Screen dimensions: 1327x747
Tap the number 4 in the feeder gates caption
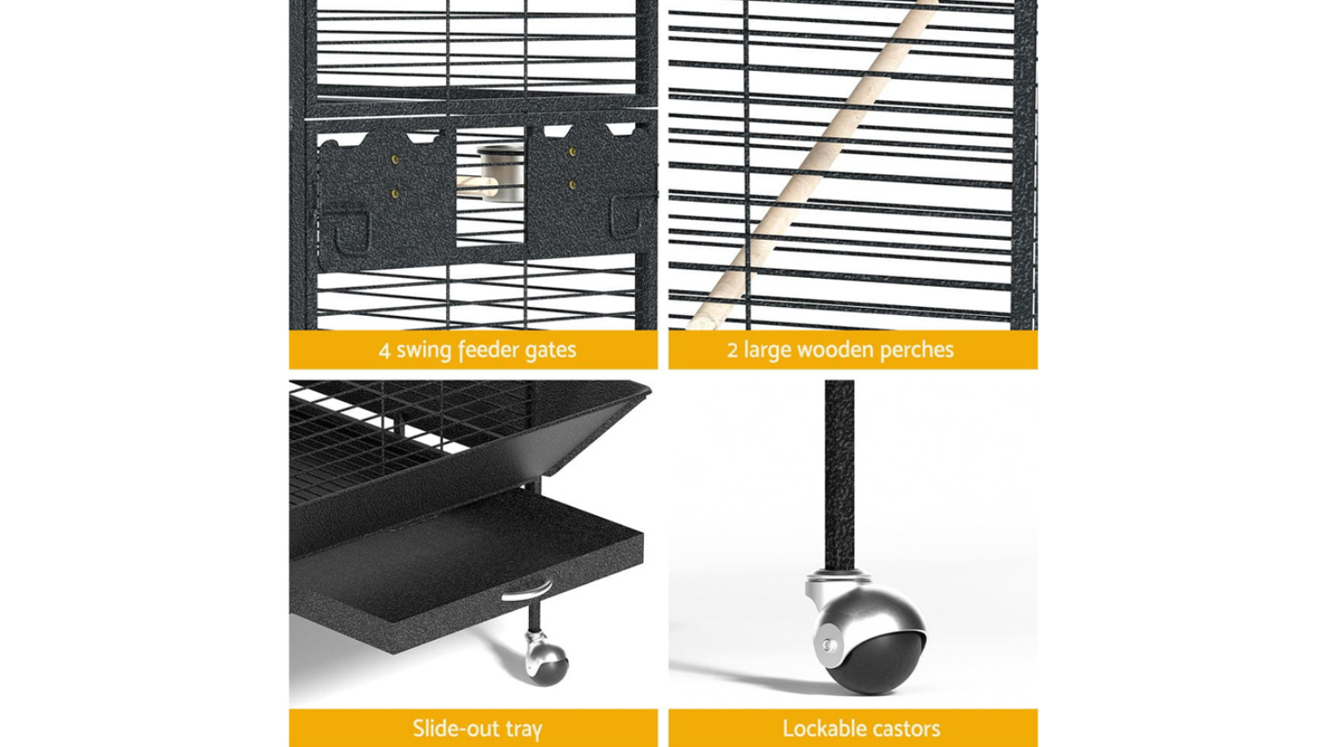tap(385, 350)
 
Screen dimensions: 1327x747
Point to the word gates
tap(550, 350)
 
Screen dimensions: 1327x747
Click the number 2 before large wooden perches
tap(733, 350)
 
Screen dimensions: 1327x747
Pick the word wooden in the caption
tap(835, 350)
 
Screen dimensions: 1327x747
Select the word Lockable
tap(820, 728)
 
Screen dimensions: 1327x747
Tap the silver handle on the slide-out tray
tap(526, 590)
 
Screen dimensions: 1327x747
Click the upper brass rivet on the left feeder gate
tap(395, 159)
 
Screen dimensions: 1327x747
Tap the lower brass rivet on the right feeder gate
tap(573, 185)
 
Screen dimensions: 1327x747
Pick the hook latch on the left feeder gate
tap(346, 227)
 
